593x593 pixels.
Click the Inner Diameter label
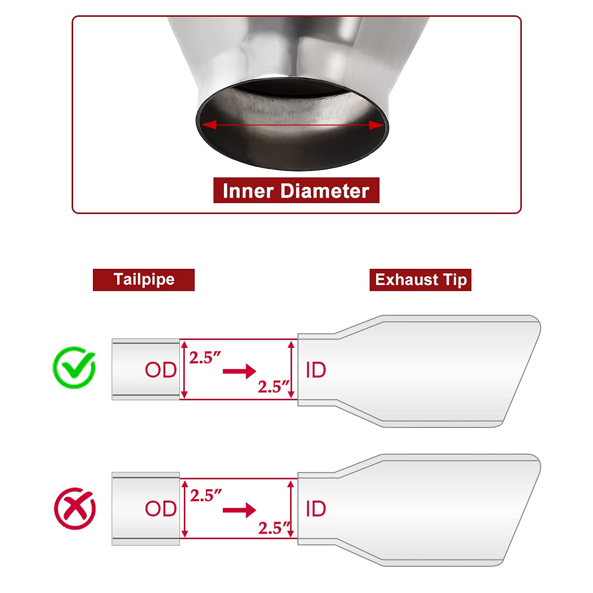click(x=296, y=191)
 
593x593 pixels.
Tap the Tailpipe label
click(x=144, y=280)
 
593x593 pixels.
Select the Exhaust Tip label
click(x=421, y=280)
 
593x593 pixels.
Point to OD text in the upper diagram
click(x=161, y=370)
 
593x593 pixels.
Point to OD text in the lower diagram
click(x=161, y=509)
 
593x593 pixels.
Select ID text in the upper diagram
click(x=316, y=370)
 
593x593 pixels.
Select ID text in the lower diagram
click(x=316, y=509)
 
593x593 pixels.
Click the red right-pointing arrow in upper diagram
click(x=240, y=371)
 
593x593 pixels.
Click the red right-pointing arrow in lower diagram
click(x=240, y=510)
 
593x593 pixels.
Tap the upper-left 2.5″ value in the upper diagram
click(x=205, y=357)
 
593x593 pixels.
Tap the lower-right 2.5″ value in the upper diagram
click(x=273, y=386)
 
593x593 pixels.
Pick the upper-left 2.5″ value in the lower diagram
click(x=206, y=495)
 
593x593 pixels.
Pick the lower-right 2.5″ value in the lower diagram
click(x=274, y=528)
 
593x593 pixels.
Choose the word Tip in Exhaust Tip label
click(x=455, y=280)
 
